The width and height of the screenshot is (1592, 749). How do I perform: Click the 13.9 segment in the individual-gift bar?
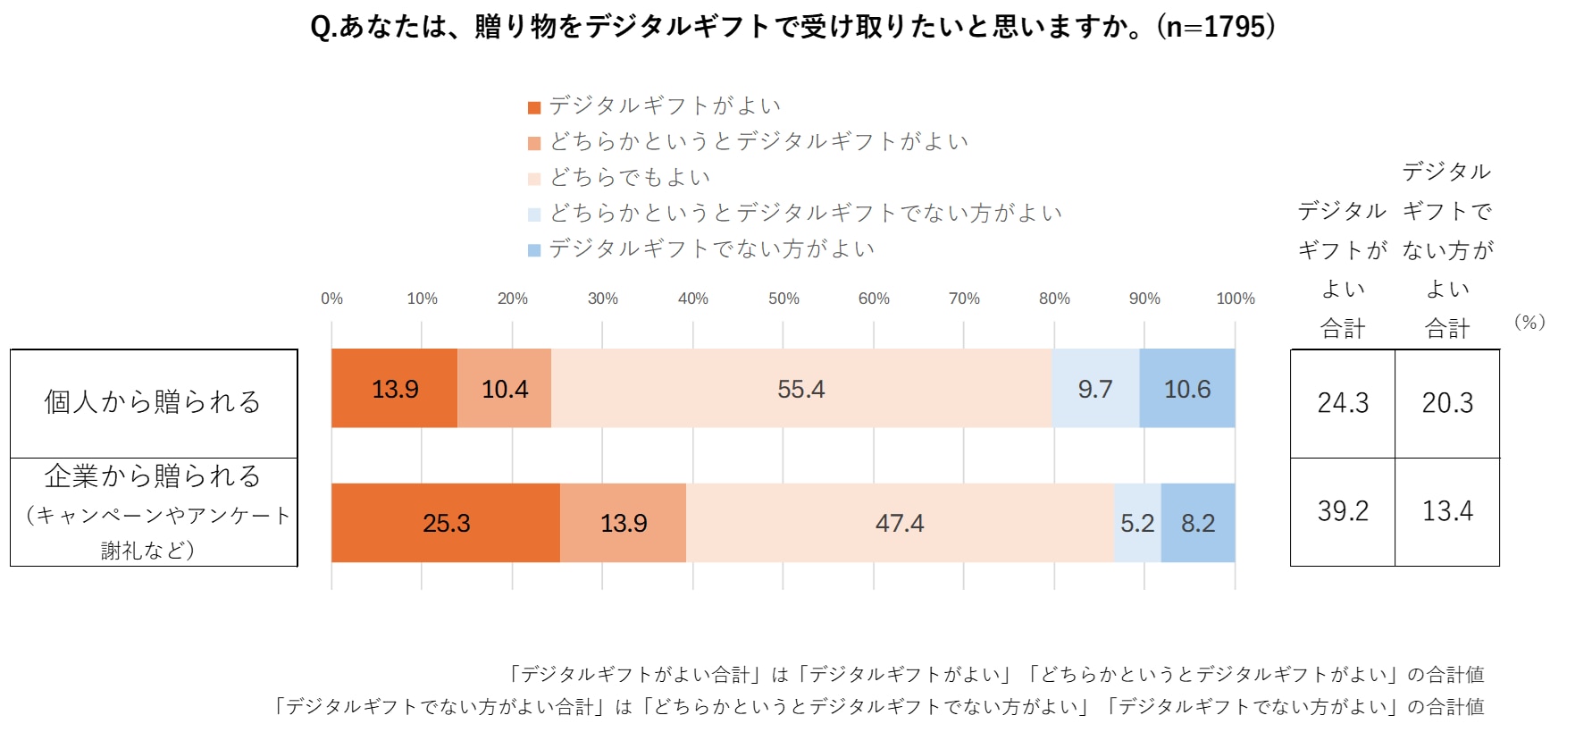[x=394, y=389]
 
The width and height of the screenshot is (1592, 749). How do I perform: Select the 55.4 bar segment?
[x=800, y=389]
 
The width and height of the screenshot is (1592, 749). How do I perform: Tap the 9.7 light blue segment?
[x=1095, y=389]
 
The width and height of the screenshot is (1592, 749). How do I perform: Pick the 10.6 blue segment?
[x=1187, y=389]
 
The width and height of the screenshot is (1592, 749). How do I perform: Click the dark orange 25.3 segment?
[x=446, y=523]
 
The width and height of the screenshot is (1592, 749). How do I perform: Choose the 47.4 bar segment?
[x=900, y=523]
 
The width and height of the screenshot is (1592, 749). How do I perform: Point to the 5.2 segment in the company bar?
[x=1137, y=523]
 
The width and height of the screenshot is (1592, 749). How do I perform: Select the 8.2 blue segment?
[x=1198, y=523]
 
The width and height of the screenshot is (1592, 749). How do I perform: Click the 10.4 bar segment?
[x=505, y=389]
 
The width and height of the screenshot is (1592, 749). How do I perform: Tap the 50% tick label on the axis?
[x=783, y=299]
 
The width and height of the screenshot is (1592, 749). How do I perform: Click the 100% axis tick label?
[x=1236, y=299]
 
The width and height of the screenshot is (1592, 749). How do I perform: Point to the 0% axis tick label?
[x=331, y=299]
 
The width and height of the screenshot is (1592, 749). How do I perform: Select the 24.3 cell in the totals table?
[x=1343, y=403]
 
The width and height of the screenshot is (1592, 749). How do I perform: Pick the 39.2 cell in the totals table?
[x=1343, y=511]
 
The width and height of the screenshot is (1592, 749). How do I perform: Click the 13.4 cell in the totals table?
[x=1447, y=511]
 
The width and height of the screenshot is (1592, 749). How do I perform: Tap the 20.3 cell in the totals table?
[x=1447, y=403]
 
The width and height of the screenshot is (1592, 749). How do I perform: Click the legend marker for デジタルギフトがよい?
[x=534, y=108]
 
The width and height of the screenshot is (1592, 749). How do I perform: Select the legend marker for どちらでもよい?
[x=534, y=179]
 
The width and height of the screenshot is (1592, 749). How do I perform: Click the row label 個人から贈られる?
[x=153, y=402]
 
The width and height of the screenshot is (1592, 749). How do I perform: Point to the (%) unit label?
[x=1529, y=322]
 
